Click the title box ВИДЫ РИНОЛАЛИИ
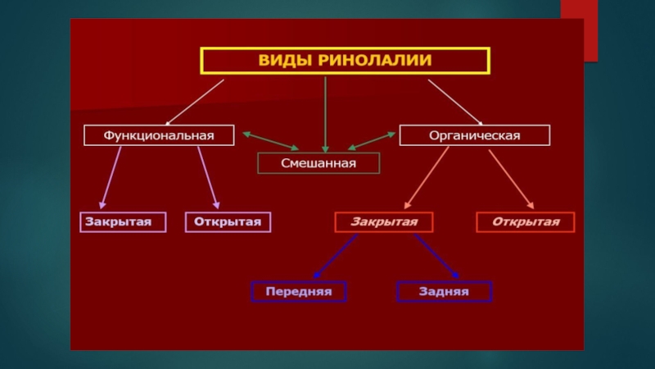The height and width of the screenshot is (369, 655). pos(345,61)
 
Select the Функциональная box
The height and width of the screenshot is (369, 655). pos(159,135)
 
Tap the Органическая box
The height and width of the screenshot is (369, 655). pos(475,135)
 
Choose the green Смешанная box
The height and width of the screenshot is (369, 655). pos(318,163)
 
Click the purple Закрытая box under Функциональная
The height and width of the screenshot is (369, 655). pos(122,222)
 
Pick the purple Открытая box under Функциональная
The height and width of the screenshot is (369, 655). pos(228,222)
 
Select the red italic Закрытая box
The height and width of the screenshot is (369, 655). pos(384,222)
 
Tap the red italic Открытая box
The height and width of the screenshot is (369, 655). pos(526,222)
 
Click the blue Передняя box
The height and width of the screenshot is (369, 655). pos(298,291)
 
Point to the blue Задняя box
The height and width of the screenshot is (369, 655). pos(445,291)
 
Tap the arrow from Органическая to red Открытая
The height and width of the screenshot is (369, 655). pos(512,177)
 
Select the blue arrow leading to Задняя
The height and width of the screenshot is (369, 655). pos(436,256)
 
